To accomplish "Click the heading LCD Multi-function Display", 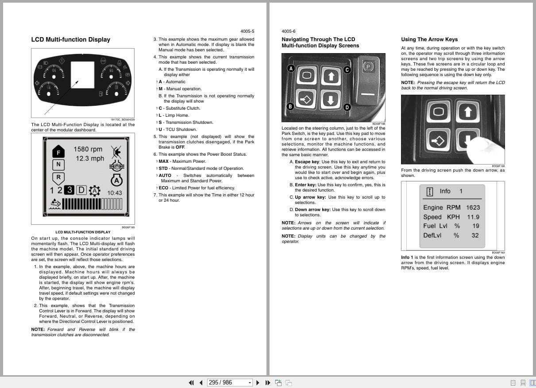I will pyautogui.click(x=70, y=39).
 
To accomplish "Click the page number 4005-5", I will pyautogui.click(x=247, y=31).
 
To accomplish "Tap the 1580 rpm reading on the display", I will pyautogui.click(x=88, y=150).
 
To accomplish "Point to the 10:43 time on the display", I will pyautogui.click(x=115, y=193).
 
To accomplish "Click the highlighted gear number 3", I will pyautogui.click(x=69, y=190).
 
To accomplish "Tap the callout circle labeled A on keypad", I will pyautogui.click(x=291, y=68).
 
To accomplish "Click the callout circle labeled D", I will pyautogui.click(x=347, y=107).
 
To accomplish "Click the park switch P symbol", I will pyautogui.click(x=368, y=67).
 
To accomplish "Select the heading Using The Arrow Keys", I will pyautogui.click(x=429, y=39).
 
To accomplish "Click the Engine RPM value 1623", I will pyautogui.click(x=473, y=207).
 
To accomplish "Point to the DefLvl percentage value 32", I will pyautogui.click(x=474, y=235).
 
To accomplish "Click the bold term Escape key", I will pyautogui.click(x=307, y=162).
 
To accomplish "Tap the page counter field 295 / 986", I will pyautogui.click(x=226, y=382).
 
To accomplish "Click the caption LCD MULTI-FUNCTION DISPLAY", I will pyautogui.click(x=83, y=232).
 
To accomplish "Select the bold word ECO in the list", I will pyautogui.click(x=163, y=188).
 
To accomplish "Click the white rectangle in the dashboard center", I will pyautogui.click(x=82, y=74).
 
